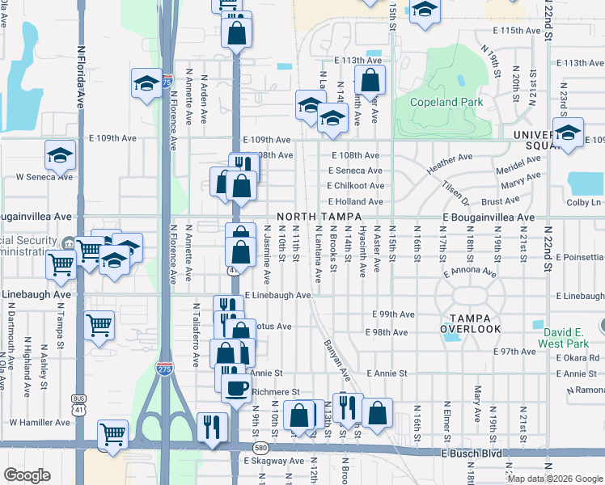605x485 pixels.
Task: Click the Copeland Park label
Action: click(x=446, y=102)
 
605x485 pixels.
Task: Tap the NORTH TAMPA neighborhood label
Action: click(x=316, y=217)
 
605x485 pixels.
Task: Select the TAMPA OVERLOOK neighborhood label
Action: click(x=471, y=323)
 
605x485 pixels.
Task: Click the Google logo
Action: click(x=27, y=475)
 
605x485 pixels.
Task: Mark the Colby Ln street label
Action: click(x=585, y=202)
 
